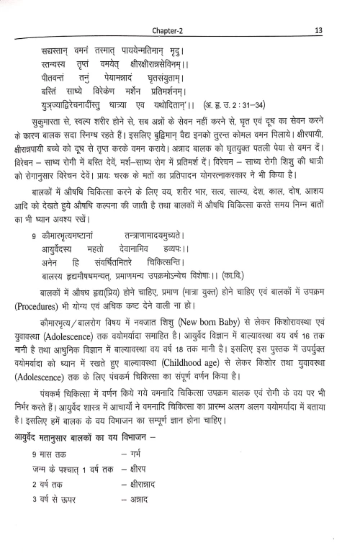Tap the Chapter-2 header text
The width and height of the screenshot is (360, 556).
176,10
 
